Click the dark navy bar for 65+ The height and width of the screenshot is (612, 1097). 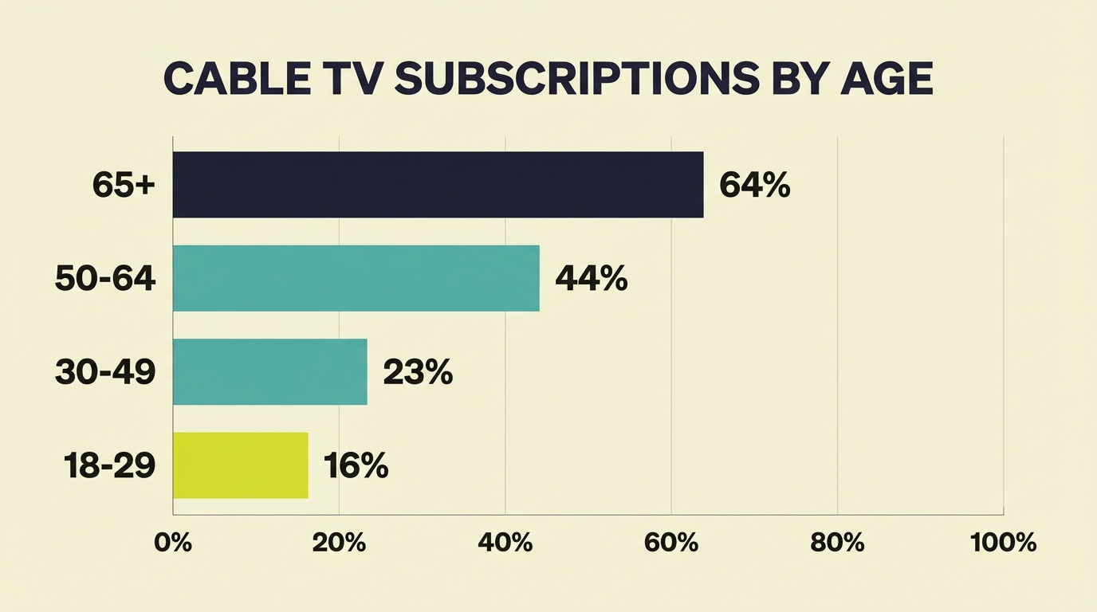[x=438, y=185]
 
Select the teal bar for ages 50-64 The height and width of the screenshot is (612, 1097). [x=356, y=278]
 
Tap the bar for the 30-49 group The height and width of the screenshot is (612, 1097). [x=269, y=371]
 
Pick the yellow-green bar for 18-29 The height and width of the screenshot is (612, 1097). [x=240, y=465]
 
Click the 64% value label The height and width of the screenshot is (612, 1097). [x=754, y=186]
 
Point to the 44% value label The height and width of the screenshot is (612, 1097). [x=591, y=279]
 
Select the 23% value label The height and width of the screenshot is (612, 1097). [x=418, y=372]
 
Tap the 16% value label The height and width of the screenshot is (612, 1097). [x=356, y=466]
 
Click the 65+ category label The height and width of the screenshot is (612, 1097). [x=124, y=186]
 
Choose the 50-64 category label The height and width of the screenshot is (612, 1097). [x=105, y=279]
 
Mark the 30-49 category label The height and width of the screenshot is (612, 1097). [x=105, y=372]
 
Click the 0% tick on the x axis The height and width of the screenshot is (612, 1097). [x=173, y=543]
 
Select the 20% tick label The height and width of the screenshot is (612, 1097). [x=339, y=543]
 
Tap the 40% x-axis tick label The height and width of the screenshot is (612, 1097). [x=505, y=543]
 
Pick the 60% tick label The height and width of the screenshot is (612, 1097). [x=671, y=543]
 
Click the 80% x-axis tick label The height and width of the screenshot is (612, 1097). [x=837, y=543]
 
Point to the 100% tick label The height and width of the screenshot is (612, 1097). [x=1004, y=543]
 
